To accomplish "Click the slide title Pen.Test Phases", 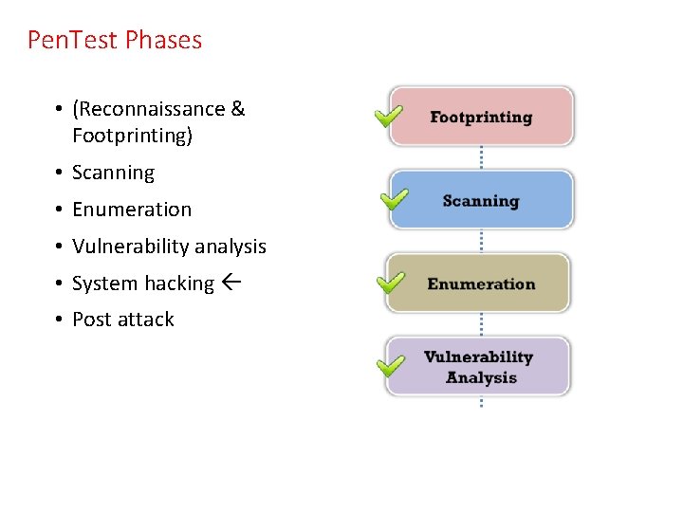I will coord(115,40).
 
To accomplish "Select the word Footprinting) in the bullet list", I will coord(132,136).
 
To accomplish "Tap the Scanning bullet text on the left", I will coord(113,173).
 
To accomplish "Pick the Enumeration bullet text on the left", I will coord(132,210).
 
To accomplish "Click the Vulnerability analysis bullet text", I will coord(169,247).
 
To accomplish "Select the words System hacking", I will coord(143,283).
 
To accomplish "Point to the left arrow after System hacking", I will coord(231,283).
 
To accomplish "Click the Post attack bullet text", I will coord(123,320).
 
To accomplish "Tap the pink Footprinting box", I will coord(481,117).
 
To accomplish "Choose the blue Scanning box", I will coord(481,200).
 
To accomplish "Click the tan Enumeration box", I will coord(481,283).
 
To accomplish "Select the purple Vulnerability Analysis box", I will coord(479,367).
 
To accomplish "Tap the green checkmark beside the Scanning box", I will coord(393,199).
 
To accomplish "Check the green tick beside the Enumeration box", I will coord(390,283).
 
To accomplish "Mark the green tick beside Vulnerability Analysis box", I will coord(390,365).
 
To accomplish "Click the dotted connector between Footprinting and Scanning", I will coord(481,157).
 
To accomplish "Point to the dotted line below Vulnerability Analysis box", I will coord(481,402).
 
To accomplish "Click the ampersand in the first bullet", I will coord(237,109).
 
